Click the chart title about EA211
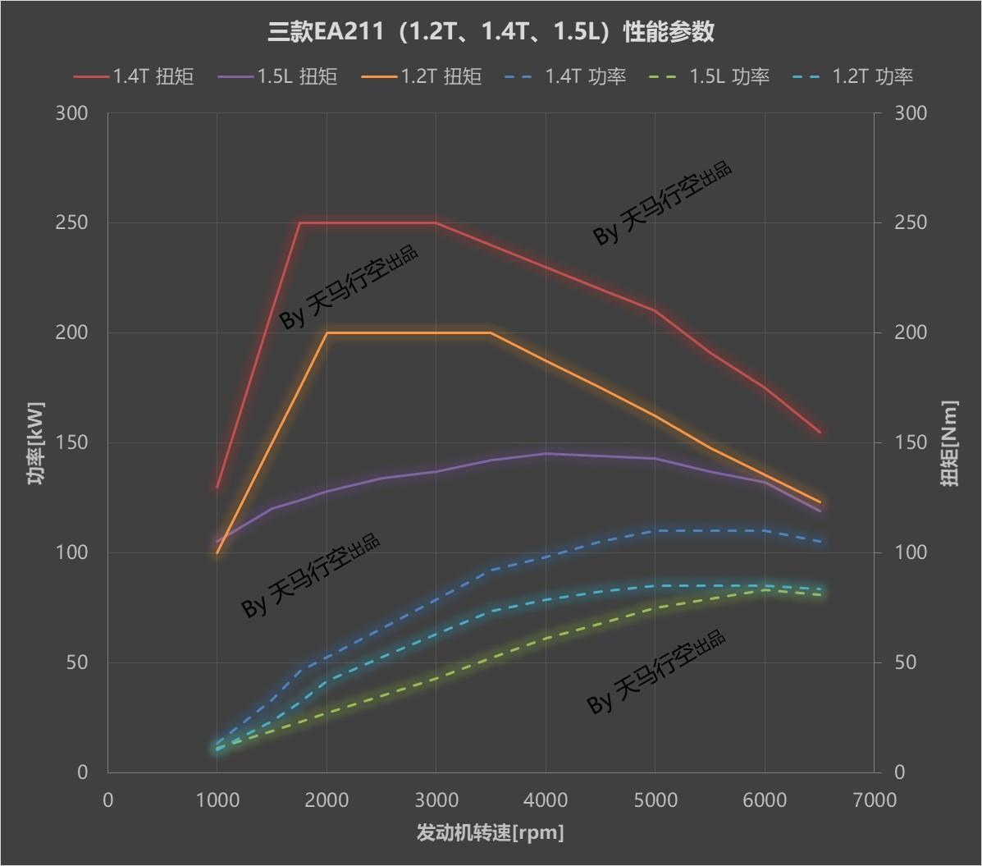click(x=491, y=32)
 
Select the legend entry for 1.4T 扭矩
click(x=134, y=76)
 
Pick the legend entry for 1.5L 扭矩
click(x=278, y=76)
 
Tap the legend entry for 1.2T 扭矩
click(x=422, y=76)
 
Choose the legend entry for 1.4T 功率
click(x=565, y=76)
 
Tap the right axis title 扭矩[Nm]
click(x=949, y=443)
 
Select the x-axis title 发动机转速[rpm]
click(x=491, y=833)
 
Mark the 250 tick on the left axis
click(x=71, y=222)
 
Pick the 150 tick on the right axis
click(x=910, y=442)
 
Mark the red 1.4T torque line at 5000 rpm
click(x=655, y=310)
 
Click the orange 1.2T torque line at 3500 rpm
click(x=491, y=332)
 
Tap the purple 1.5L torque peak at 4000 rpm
click(x=546, y=453)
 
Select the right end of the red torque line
click(x=819, y=432)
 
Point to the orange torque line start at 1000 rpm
click(x=217, y=552)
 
